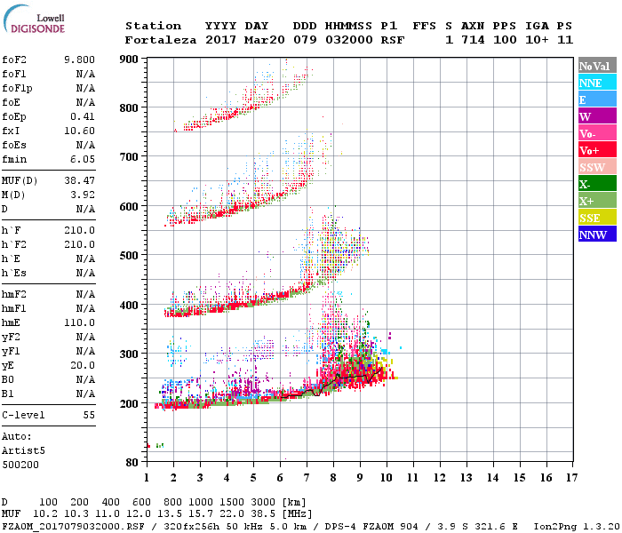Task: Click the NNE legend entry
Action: [594, 83]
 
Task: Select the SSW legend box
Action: [594, 167]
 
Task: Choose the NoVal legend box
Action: [594, 66]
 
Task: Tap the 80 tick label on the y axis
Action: [132, 462]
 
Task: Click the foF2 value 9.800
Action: [79, 59]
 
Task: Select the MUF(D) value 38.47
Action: [79, 180]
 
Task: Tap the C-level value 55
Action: [89, 415]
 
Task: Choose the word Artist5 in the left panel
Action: [19, 450]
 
